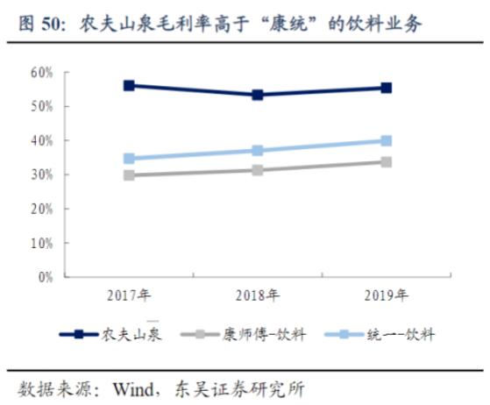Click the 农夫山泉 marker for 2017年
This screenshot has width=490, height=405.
pyautogui.click(x=129, y=85)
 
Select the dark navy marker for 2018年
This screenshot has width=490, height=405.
pyautogui.click(x=258, y=95)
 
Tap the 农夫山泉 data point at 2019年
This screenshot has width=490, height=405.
pyautogui.click(x=387, y=89)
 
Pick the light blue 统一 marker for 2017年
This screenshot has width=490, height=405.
pyautogui.click(x=129, y=159)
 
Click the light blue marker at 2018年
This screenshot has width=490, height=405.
pyautogui.click(x=258, y=150)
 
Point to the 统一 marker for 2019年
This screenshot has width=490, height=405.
pyautogui.click(x=387, y=140)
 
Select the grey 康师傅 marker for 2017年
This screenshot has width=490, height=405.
pyautogui.click(x=129, y=175)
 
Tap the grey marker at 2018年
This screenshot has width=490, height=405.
pyautogui.click(x=258, y=170)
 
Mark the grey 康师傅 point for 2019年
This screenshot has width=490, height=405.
pyautogui.click(x=387, y=162)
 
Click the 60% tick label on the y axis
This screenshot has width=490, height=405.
pyautogui.click(x=41, y=73)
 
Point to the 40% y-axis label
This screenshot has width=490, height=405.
pyautogui.click(x=41, y=141)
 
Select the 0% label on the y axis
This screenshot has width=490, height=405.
pyautogui.click(x=46, y=277)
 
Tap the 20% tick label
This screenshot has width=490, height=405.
pyautogui.click(x=41, y=209)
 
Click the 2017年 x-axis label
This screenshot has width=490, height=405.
pyautogui.click(x=129, y=295)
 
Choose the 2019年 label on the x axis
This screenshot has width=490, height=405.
pyautogui.click(x=387, y=295)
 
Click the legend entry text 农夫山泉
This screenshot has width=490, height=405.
pyautogui.click(x=131, y=335)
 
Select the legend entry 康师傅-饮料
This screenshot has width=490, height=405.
pyautogui.click(x=264, y=335)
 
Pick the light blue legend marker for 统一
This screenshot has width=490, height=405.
pyautogui.click(x=344, y=335)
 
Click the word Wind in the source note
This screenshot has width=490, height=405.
pyautogui.click(x=133, y=389)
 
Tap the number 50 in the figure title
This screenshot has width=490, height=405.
pyautogui.click(x=51, y=24)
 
